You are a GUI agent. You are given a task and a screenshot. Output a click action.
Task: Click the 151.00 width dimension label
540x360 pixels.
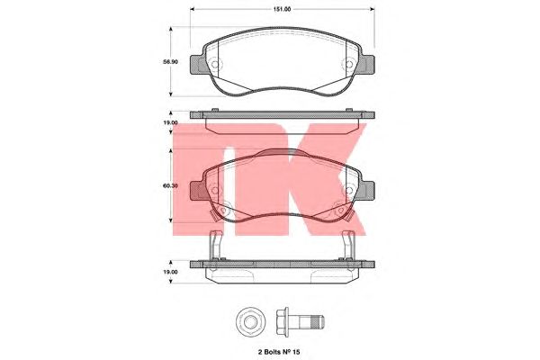pyautogui.click(x=282, y=9)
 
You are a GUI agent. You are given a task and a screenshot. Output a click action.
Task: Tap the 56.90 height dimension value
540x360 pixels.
pyautogui.click(x=170, y=62)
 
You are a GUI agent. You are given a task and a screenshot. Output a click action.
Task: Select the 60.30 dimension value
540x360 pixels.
pyautogui.click(x=170, y=185)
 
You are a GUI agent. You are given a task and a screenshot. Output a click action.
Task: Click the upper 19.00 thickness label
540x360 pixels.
pyautogui.click(x=170, y=122)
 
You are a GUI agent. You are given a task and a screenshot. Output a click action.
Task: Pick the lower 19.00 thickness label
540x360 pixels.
pyautogui.click(x=170, y=272)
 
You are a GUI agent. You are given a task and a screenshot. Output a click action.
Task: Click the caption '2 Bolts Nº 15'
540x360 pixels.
pyautogui.click(x=279, y=352)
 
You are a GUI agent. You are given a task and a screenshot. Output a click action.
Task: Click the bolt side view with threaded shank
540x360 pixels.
pyautogui.click(x=301, y=322)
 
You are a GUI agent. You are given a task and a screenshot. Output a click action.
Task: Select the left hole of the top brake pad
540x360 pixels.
pyautogui.click(x=215, y=65)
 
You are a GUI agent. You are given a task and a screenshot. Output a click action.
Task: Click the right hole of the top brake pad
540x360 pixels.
pyautogui.click(x=349, y=65)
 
